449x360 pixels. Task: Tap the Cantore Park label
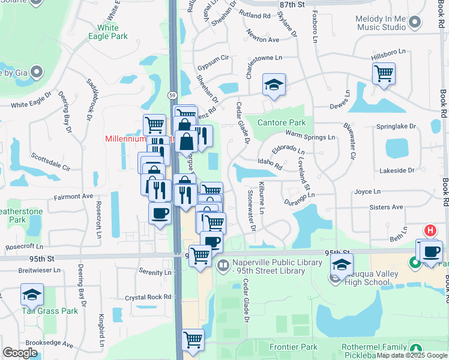[282, 122]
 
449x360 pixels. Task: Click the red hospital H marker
[430, 230]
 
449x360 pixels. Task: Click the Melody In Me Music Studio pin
[414, 24]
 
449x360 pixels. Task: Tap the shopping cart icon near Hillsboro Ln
[384, 74]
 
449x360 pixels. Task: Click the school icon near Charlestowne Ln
[274, 85]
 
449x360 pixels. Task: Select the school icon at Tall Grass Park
[32, 295]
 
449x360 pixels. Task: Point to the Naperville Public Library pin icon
[223, 265]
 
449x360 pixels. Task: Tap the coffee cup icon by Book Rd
[431, 251]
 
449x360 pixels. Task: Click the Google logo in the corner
[20, 352]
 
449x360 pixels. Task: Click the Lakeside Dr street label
[397, 170]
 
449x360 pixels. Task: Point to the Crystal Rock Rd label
[148, 297]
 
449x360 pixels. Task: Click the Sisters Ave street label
[387, 207]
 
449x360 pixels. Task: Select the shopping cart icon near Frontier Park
[193, 340]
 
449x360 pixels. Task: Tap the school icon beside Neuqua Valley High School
[342, 265]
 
